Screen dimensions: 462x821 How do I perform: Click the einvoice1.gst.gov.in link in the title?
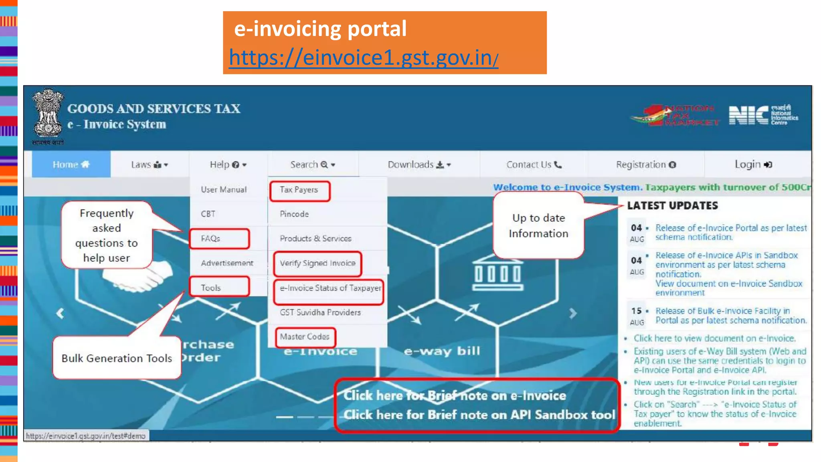pyautogui.click(x=363, y=57)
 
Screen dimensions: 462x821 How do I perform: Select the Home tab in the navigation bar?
pyautogui.click(x=71, y=164)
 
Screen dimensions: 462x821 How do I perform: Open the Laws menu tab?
pyautogui.click(x=150, y=164)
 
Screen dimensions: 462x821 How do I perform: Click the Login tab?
pyautogui.click(x=753, y=164)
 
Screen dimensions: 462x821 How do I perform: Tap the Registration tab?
pyautogui.click(x=646, y=164)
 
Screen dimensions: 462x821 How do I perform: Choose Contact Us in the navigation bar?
pyautogui.click(x=534, y=164)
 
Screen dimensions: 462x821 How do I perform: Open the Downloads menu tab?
pyautogui.click(x=419, y=164)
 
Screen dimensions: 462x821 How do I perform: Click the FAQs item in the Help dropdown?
pyautogui.click(x=211, y=239)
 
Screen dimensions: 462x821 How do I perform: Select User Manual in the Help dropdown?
pyautogui.click(x=224, y=190)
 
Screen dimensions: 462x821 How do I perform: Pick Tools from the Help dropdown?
pyautogui.click(x=211, y=288)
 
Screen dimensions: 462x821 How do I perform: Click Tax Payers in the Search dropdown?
pyautogui.click(x=299, y=190)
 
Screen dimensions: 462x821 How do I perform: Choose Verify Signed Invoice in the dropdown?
pyautogui.click(x=317, y=263)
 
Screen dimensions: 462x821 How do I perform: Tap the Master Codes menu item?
pyautogui.click(x=305, y=336)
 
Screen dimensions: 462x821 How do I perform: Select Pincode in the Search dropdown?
pyautogui.click(x=294, y=214)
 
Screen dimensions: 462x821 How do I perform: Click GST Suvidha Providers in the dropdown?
pyautogui.click(x=320, y=312)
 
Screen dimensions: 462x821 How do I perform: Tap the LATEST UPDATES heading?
pyautogui.click(x=672, y=206)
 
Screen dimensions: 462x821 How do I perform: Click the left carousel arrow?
pyautogui.click(x=60, y=313)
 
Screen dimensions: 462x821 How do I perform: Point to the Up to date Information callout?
pyautogui.click(x=538, y=225)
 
